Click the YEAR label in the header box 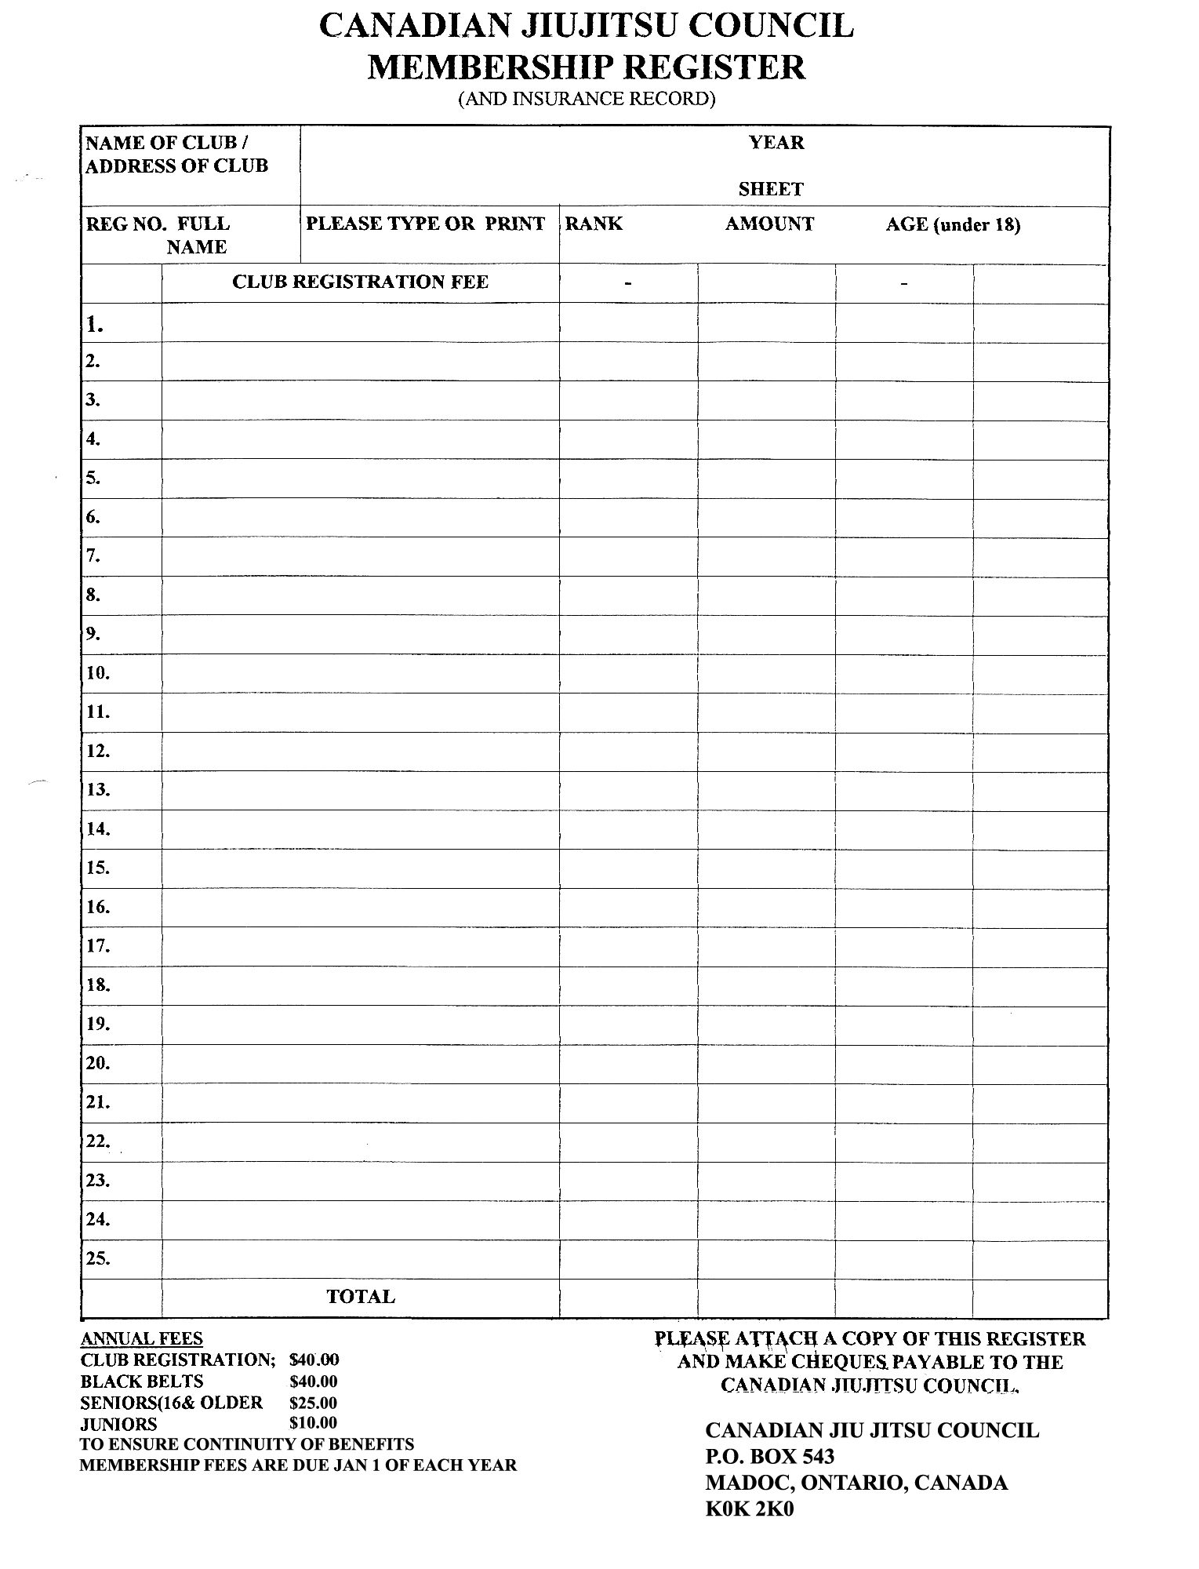776,143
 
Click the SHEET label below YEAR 771,189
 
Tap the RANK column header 594,224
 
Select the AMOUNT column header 769,224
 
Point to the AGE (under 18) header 953,225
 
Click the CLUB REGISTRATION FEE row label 360,282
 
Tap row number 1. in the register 95,324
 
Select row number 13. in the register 98,790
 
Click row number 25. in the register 98,1258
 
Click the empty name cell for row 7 360,556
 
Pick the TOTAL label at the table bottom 360,1297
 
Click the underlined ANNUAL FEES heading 141,1339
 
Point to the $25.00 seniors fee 313,1403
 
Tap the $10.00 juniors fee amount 313,1423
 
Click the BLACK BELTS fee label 141,1382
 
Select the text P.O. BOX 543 769,1457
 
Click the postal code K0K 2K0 749,1509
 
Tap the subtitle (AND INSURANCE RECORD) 587,99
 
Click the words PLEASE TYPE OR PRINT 425,224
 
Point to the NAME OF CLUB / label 166,143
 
